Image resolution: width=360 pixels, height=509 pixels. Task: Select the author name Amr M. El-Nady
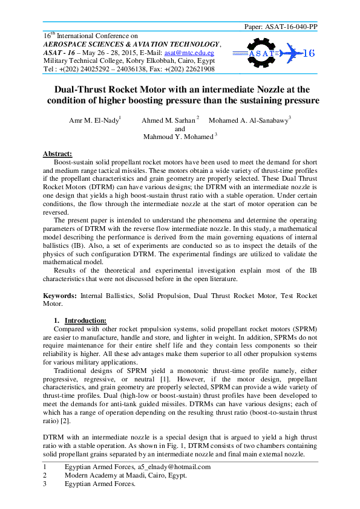pyautogui.click(x=94, y=120)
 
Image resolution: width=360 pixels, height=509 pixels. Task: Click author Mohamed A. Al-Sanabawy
pyautogui.click(x=248, y=120)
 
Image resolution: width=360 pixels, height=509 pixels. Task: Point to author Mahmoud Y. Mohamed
pyautogui.click(x=178, y=137)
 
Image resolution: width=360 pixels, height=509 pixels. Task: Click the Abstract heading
pyautogui.click(x=57, y=154)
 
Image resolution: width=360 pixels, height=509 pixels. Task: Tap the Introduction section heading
pyautogui.click(x=85, y=320)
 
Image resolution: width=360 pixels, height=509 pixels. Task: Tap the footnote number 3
pyautogui.click(x=44, y=484)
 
